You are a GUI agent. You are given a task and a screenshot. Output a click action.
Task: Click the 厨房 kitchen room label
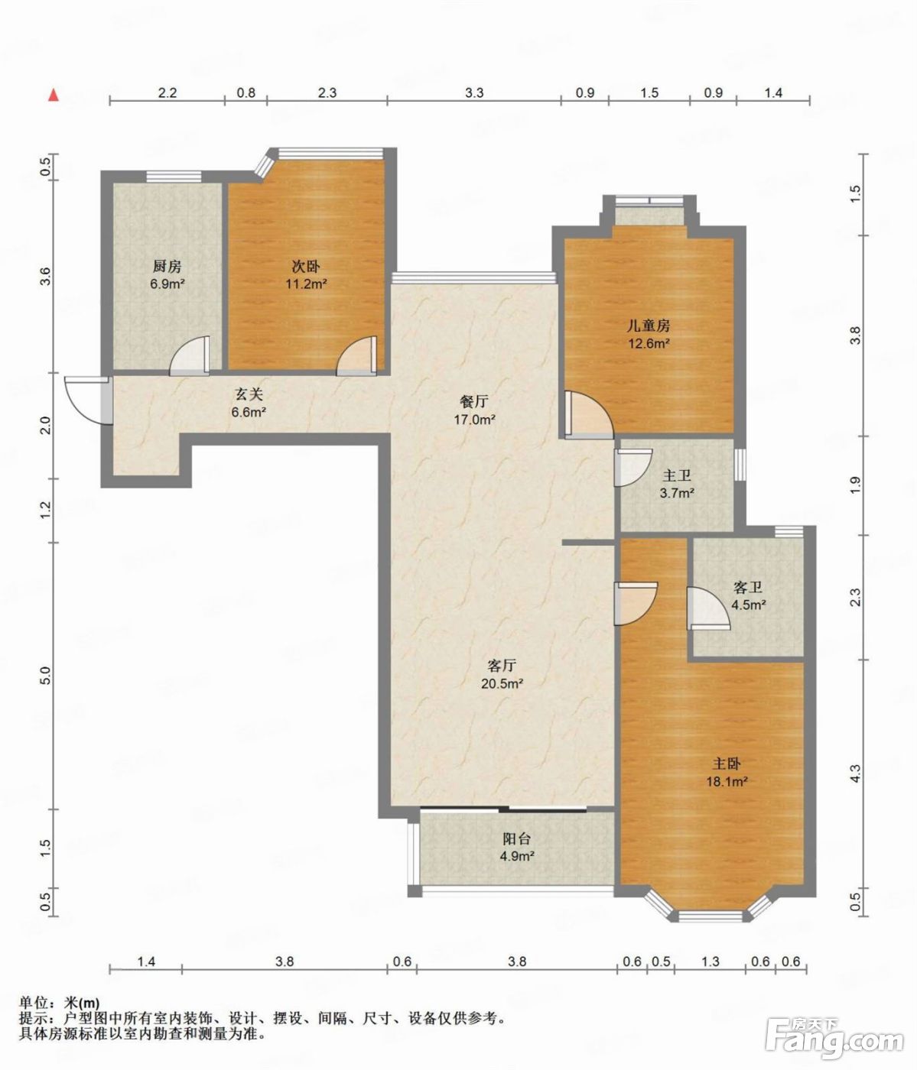click(167, 267)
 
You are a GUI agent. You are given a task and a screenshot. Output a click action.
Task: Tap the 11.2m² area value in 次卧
click(306, 284)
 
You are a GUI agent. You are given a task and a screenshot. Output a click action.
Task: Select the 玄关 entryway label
click(249, 394)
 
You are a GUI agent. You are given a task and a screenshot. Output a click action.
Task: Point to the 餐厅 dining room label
click(474, 402)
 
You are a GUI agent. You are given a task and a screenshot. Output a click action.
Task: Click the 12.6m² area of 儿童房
click(649, 343)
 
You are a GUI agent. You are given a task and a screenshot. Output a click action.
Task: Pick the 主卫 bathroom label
click(677, 475)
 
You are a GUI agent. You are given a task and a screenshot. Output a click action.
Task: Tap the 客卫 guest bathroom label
click(747, 587)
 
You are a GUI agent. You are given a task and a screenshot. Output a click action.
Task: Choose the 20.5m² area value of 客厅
click(502, 683)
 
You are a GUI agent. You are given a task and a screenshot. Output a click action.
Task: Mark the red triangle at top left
click(54, 96)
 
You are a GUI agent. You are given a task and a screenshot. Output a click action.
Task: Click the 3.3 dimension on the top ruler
click(474, 92)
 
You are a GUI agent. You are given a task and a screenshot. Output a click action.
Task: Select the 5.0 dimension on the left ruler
click(46, 676)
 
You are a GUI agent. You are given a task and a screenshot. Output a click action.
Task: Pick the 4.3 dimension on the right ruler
click(855, 773)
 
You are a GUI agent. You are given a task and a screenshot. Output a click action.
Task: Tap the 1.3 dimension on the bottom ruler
click(711, 961)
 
